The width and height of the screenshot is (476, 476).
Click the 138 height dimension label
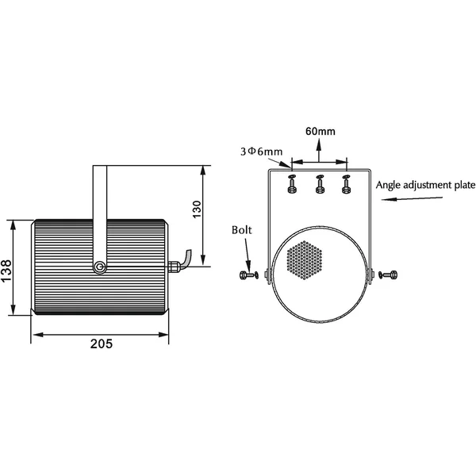(x=6, y=271)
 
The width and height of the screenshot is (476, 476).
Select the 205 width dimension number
(x=102, y=344)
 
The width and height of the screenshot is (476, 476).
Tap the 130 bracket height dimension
(x=197, y=209)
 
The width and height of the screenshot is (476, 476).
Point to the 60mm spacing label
(x=321, y=131)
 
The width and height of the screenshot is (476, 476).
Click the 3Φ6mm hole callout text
(x=261, y=152)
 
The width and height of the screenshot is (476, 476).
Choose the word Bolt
(x=242, y=230)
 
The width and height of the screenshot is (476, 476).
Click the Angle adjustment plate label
(x=425, y=185)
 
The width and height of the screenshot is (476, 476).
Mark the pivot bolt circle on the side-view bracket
(x=99, y=267)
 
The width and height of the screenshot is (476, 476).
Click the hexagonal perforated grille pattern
(x=304, y=260)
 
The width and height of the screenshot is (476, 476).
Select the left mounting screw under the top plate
(x=292, y=184)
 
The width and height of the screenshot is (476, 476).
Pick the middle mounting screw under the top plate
(x=320, y=184)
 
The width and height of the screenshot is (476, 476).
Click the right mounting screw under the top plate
(x=346, y=184)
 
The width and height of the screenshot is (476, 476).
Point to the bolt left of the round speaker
(x=248, y=275)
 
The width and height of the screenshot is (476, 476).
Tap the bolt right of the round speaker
(x=388, y=275)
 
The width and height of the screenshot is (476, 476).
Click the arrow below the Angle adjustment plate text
(x=412, y=198)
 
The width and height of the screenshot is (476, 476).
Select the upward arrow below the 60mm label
(x=319, y=150)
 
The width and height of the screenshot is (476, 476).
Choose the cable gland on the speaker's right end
(x=174, y=267)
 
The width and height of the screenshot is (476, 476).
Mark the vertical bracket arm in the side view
(x=100, y=216)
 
